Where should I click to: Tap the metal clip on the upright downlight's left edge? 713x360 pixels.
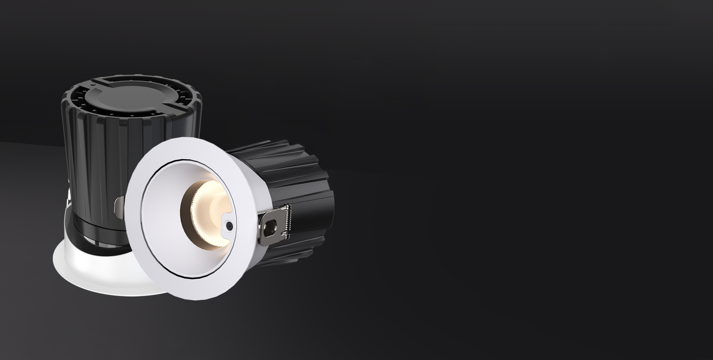tap(69, 193)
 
